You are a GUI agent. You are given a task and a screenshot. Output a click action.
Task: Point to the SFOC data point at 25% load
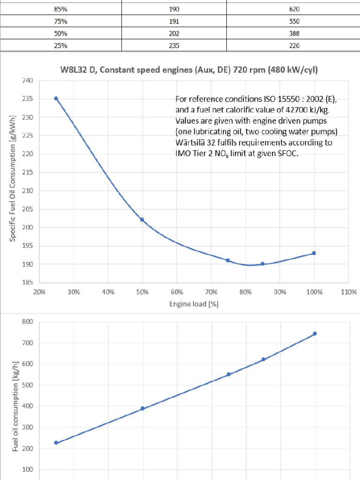56,98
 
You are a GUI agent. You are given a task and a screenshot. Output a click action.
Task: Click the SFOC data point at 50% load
142,219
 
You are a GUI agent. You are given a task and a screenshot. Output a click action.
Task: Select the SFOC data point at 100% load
314,253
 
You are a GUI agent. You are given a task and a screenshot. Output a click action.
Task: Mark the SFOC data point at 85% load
262,264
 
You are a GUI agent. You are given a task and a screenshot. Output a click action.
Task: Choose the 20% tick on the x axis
39,292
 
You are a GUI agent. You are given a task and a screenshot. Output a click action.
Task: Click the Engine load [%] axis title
194,304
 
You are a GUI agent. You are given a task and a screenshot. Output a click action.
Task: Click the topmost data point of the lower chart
315,334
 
